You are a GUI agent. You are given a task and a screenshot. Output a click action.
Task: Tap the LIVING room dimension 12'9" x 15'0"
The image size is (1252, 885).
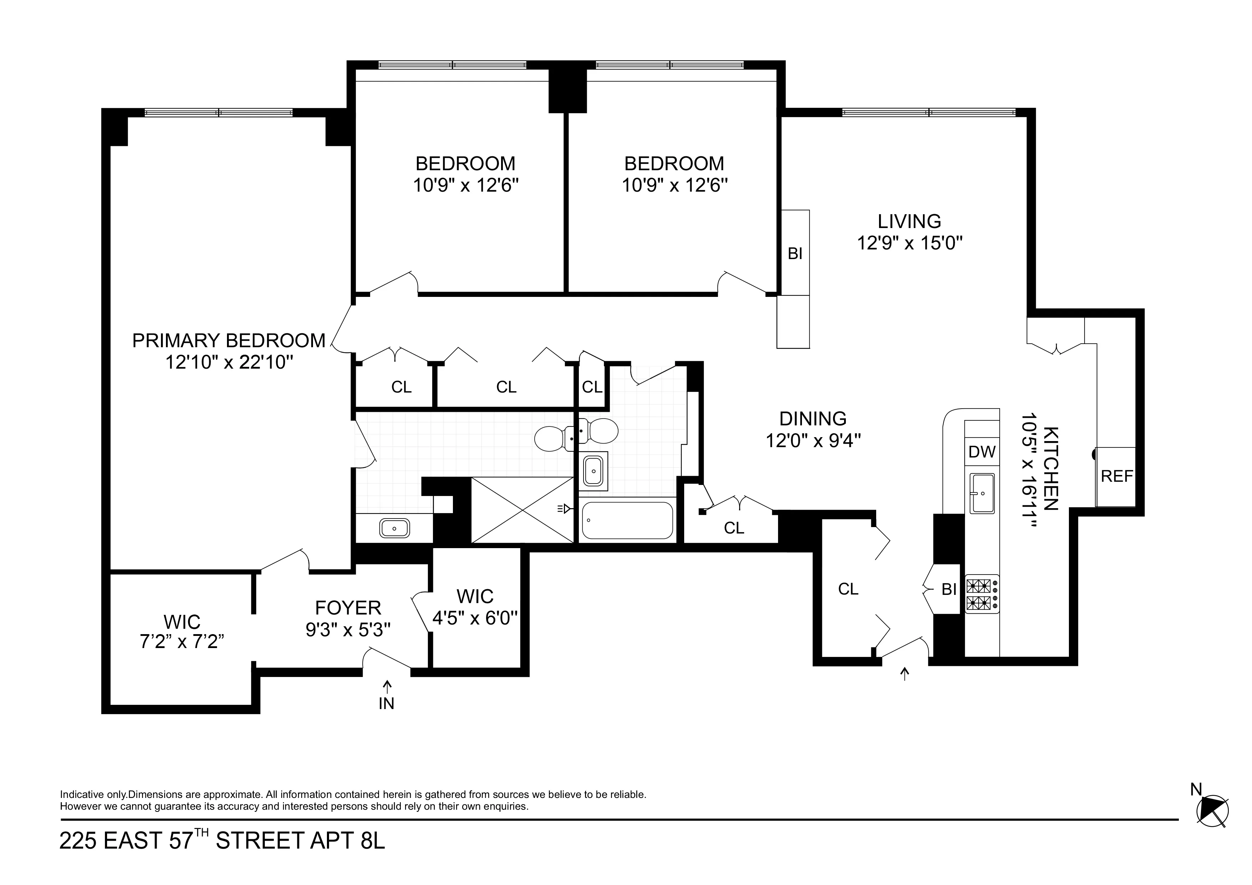[x=909, y=243]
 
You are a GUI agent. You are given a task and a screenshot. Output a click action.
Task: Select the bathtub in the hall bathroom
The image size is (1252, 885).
[x=627, y=520]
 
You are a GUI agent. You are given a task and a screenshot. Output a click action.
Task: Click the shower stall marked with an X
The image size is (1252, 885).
[x=522, y=510]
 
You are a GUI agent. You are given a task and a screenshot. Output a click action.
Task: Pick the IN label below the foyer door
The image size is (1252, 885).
[x=386, y=704]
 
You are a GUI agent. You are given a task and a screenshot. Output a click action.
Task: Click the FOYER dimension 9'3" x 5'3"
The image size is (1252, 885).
[x=348, y=630]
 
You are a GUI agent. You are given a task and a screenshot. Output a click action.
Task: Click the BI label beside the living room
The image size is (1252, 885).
[x=794, y=254]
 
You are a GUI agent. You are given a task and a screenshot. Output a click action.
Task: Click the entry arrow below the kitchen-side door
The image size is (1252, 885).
[x=905, y=674]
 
